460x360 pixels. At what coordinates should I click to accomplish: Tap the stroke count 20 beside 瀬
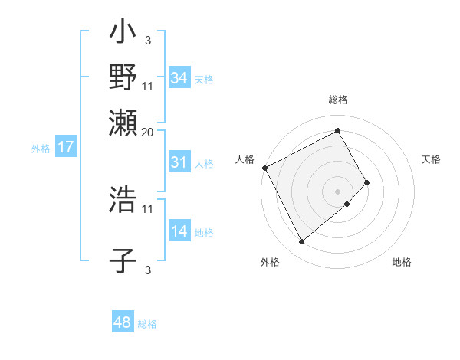tap(148, 131)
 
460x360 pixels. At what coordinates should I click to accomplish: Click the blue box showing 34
tap(179, 78)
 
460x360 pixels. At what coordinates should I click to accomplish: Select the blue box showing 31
tap(179, 162)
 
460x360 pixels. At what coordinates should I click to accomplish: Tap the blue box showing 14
tap(179, 231)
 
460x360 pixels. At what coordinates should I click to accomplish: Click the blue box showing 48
tap(123, 322)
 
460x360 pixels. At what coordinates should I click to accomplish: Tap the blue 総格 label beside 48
tap(147, 324)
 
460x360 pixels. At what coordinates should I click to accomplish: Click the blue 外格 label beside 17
tap(41, 149)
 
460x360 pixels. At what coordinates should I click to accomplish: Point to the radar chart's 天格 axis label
tap(431, 159)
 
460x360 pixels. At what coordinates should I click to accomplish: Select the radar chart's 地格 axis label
tap(402, 262)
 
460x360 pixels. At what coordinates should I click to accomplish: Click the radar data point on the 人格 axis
tap(264, 168)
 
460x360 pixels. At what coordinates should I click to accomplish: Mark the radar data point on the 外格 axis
tap(301, 242)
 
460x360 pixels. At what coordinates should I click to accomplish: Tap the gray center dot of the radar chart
tap(338, 191)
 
